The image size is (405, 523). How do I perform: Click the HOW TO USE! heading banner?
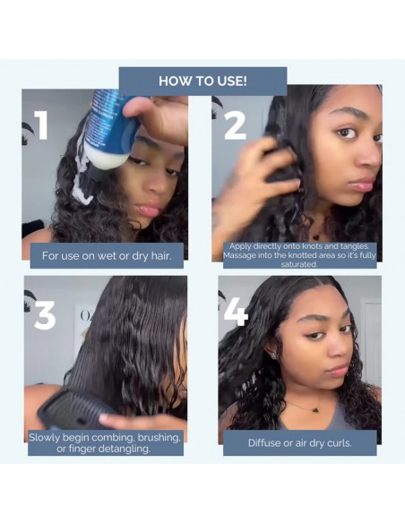[202, 81]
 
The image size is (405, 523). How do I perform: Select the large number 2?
[235, 125]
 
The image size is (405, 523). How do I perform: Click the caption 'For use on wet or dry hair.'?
[106, 255]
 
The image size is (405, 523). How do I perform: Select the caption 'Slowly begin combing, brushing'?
[106, 442]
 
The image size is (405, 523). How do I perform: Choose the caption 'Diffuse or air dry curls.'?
[299, 442]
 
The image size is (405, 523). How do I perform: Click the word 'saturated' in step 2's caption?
[298, 265]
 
